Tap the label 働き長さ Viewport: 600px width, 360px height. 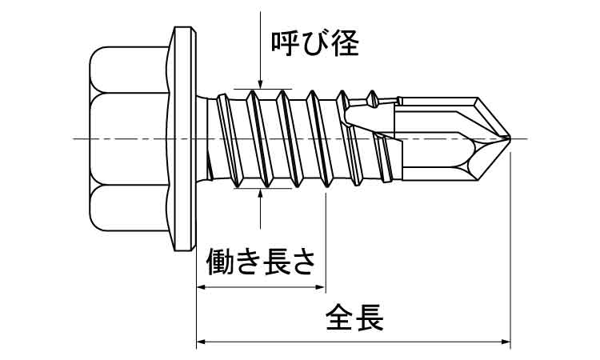[x=261, y=262]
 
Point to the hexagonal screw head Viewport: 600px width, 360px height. [x=128, y=139]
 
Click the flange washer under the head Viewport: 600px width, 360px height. [x=183, y=139]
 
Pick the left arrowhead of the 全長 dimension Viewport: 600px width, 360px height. [x=202, y=342]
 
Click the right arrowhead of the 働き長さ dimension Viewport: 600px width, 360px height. [x=320, y=286]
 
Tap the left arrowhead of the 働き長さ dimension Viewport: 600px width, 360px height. [x=202, y=286]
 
